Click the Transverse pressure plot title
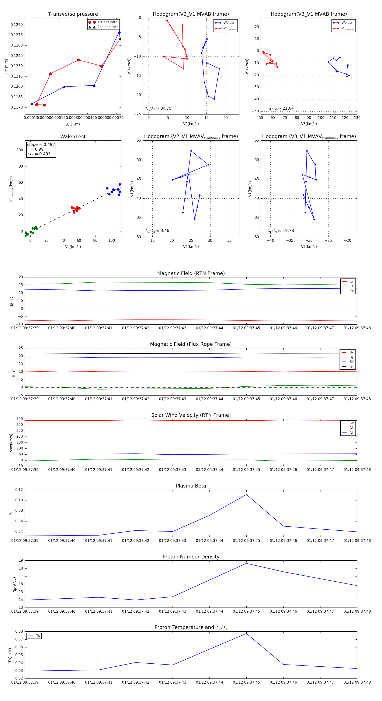(x=73, y=14)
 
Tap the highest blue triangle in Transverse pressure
(x=119, y=32)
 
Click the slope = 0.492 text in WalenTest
(x=41, y=144)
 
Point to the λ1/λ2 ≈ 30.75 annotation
(x=158, y=108)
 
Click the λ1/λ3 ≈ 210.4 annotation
(x=281, y=108)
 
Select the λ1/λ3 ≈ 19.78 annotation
(x=281, y=231)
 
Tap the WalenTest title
(x=73, y=137)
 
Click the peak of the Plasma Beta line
(x=246, y=495)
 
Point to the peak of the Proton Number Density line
(x=246, y=563)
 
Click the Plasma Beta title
(x=191, y=486)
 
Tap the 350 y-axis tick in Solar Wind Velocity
(x=20, y=419)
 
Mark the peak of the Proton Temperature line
(x=246, y=633)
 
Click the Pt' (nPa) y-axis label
(x=6, y=66)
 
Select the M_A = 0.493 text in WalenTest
(x=39, y=154)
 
